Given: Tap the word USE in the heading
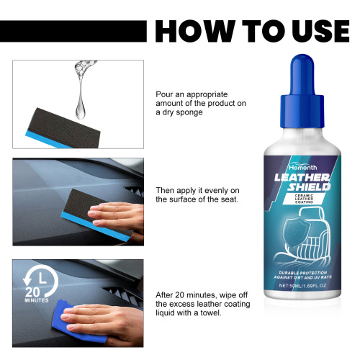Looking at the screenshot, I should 314,31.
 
